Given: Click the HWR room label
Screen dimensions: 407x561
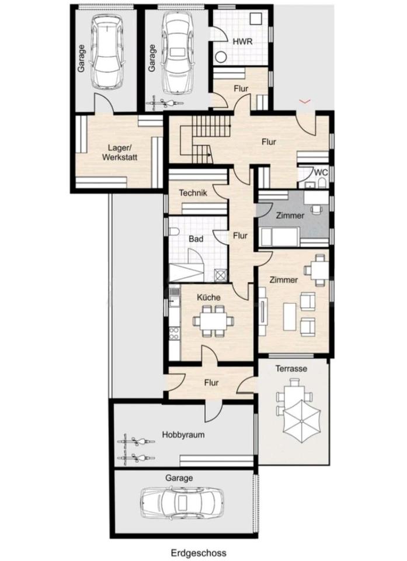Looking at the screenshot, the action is [x=242, y=41].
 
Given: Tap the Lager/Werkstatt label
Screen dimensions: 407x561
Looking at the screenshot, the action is [x=120, y=153].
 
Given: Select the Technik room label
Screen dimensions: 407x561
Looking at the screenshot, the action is [x=193, y=193].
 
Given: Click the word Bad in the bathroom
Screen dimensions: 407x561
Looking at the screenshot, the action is [x=196, y=238].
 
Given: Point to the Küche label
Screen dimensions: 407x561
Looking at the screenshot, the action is [x=208, y=297].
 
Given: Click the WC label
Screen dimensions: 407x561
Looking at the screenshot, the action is [x=321, y=172].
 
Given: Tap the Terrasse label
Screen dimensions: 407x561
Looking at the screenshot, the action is [x=291, y=368].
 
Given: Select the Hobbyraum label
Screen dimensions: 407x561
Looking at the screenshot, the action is [x=183, y=435].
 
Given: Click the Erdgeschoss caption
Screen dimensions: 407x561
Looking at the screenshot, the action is [x=199, y=553].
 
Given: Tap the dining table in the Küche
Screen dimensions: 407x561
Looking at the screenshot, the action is [x=213, y=321].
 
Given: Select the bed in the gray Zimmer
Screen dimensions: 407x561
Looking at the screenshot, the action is [x=279, y=237].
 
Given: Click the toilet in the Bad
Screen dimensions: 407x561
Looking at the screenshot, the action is [x=174, y=232].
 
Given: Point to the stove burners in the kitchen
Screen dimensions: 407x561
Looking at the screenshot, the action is [x=174, y=334].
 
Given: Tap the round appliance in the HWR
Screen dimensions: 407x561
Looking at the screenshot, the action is [x=221, y=57].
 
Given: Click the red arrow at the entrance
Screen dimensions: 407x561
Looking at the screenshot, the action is [x=305, y=102].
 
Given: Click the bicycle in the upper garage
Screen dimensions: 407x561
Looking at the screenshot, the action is [x=164, y=103].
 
